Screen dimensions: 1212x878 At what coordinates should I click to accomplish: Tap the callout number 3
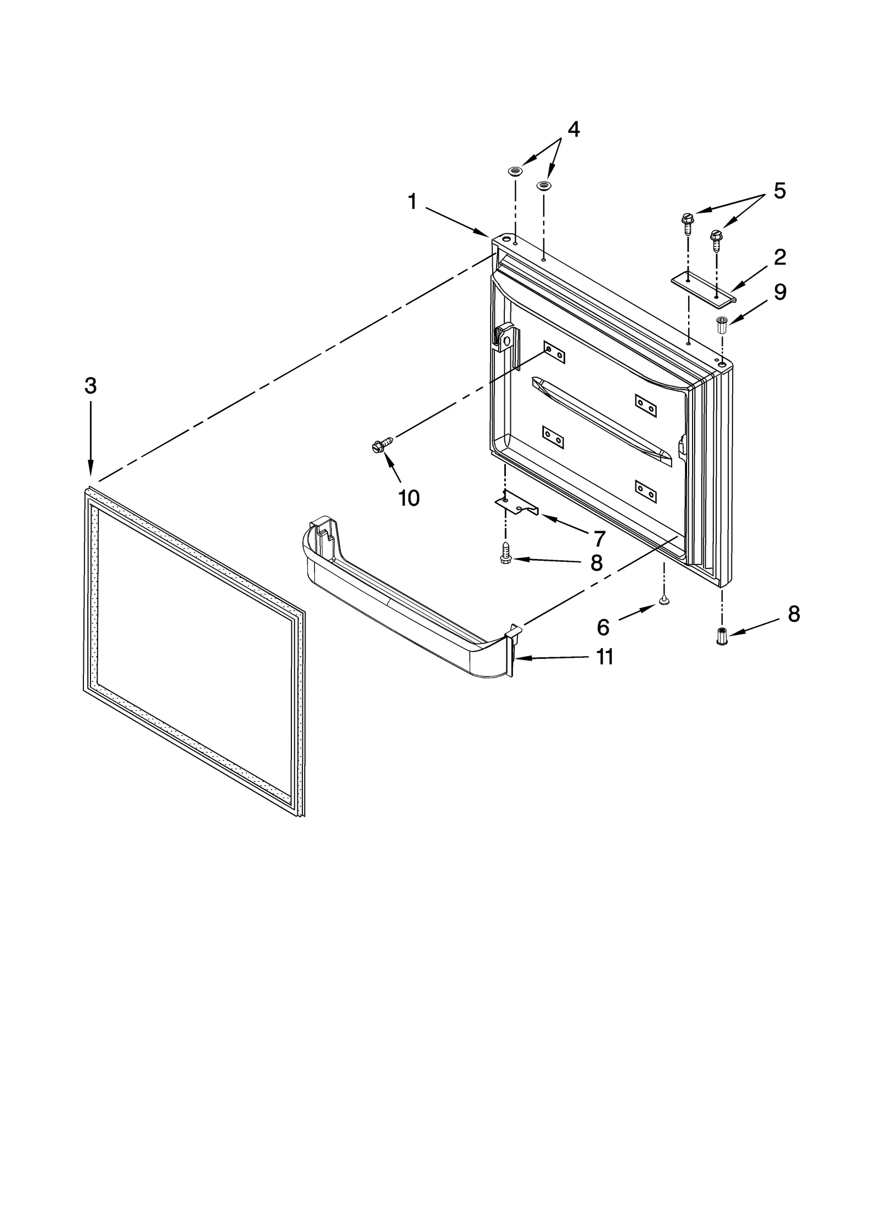[91, 386]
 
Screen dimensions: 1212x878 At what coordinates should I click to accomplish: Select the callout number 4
[573, 129]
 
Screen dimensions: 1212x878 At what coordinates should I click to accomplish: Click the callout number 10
[409, 498]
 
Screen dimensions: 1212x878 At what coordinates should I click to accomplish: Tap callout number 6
[603, 627]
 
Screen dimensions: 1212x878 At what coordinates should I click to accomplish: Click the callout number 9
[780, 292]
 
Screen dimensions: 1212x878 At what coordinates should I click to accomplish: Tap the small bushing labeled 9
[722, 324]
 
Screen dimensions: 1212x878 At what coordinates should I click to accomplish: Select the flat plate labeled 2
[703, 288]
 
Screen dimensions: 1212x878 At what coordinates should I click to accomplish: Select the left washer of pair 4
[515, 171]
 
